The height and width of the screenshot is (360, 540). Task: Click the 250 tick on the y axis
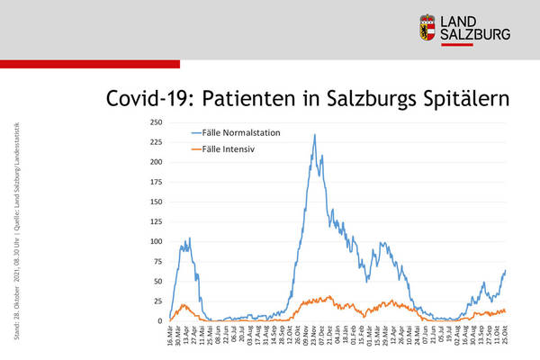click(156, 122)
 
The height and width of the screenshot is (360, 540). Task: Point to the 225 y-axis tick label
click(156, 142)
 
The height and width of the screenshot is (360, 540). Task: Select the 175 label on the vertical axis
click(156, 182)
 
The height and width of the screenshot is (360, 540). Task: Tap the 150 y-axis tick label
click(156, 202)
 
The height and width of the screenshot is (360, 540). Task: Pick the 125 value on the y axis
click(156, 221)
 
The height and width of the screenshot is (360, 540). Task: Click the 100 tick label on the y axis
click(156, 241)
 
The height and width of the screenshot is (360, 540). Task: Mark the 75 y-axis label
click(157, 261)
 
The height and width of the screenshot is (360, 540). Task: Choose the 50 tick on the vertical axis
click(157, 281)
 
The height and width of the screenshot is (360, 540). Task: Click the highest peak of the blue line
click(314, 135)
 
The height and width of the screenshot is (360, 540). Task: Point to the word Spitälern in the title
click(466, 97)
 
